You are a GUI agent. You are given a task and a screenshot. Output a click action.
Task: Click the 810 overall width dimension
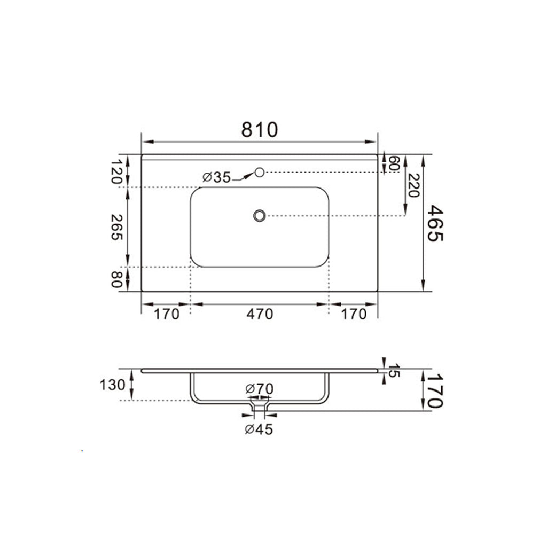point(260,130)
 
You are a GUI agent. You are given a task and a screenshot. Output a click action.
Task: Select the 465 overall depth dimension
point(435,223)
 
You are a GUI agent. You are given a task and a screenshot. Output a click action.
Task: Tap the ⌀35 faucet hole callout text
point(217,177)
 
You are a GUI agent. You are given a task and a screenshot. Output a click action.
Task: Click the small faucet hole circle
point(260,172)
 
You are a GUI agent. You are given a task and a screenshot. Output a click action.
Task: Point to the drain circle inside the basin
point(260,215)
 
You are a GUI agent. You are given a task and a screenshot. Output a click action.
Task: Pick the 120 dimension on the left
point(116,171)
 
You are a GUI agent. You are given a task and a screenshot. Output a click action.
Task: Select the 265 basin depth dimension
point(116,227)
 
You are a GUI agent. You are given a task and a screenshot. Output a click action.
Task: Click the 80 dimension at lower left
point(116,279)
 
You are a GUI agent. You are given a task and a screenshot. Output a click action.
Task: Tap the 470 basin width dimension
point(260,314)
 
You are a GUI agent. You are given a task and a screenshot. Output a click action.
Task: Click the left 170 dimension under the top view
point(167,314)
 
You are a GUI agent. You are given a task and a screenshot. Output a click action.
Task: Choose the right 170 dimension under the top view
point(354,314)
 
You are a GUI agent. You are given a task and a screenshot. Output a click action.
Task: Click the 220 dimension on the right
point(412,185)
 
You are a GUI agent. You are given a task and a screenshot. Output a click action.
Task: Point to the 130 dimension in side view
point(112,385)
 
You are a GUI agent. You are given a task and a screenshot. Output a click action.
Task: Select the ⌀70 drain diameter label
point(259,389)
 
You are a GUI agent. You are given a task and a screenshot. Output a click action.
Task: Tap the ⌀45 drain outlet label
point(259,429)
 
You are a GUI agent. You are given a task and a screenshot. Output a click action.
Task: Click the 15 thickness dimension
point(394,371)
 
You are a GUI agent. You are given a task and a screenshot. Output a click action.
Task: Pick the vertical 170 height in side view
point(435,390)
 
